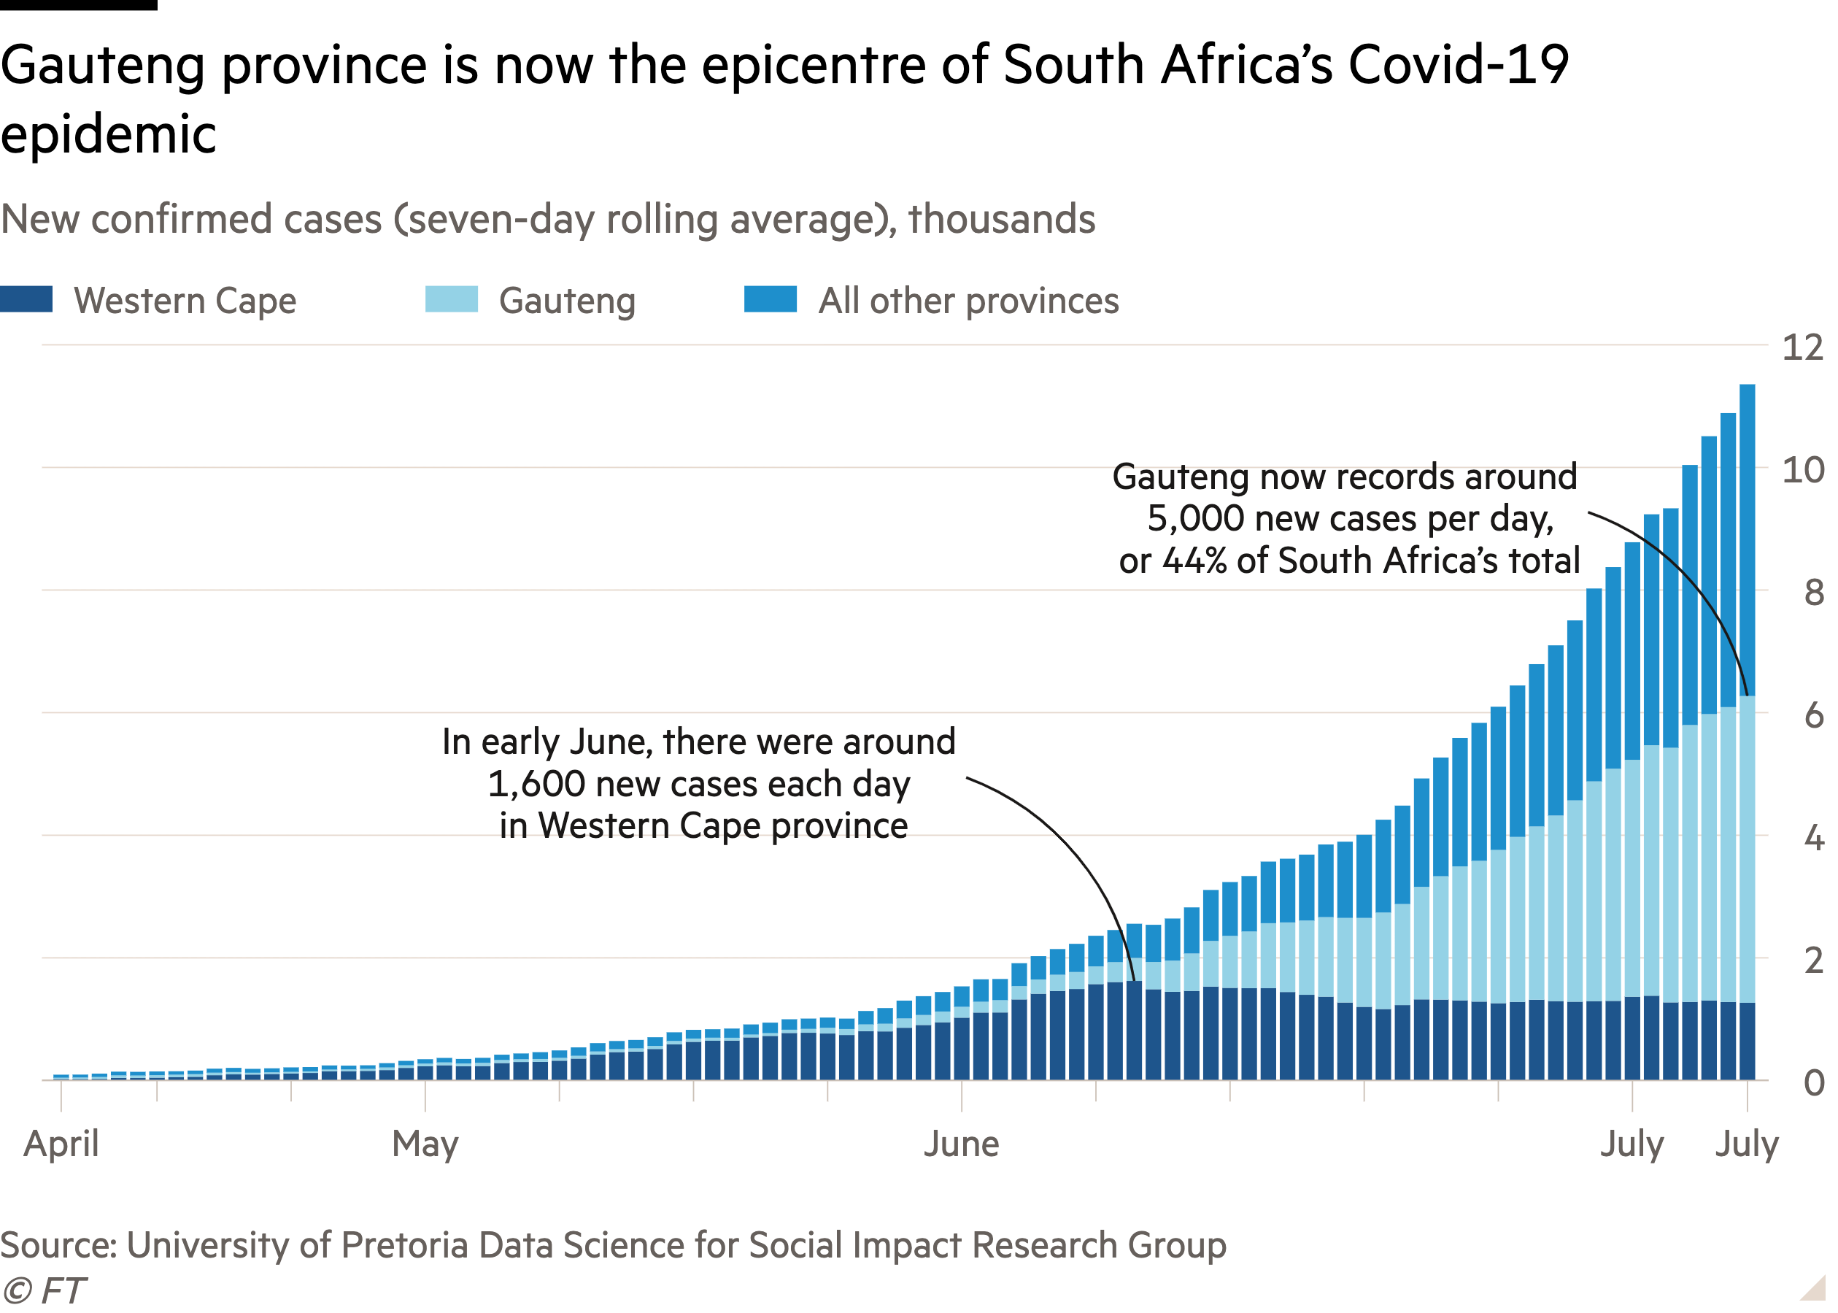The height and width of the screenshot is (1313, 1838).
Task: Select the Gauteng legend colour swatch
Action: (451, 299)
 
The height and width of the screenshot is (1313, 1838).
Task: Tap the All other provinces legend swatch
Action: (771, 299)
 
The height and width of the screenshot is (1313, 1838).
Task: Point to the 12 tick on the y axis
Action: (1802, 347)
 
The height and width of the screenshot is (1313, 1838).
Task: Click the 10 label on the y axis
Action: (1802, 470)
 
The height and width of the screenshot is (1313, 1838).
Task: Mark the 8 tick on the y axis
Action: (1813, 593)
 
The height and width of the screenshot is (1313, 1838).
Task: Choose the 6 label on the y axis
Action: (1813, 715)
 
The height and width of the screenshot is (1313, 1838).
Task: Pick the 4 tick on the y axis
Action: (1813, 838)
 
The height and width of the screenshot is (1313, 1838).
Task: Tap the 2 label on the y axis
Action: (1813, 960)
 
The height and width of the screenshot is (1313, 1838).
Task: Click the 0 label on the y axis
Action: (1813, 1083)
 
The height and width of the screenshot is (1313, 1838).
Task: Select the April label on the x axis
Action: (61, 1144)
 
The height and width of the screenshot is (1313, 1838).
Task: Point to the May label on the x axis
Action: (425, 1144)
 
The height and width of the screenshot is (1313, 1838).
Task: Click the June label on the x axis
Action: (961, 1144)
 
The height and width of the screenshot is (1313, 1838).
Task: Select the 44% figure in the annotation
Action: (1194, 561)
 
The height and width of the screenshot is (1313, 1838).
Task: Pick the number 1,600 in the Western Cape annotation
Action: (537, 783)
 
